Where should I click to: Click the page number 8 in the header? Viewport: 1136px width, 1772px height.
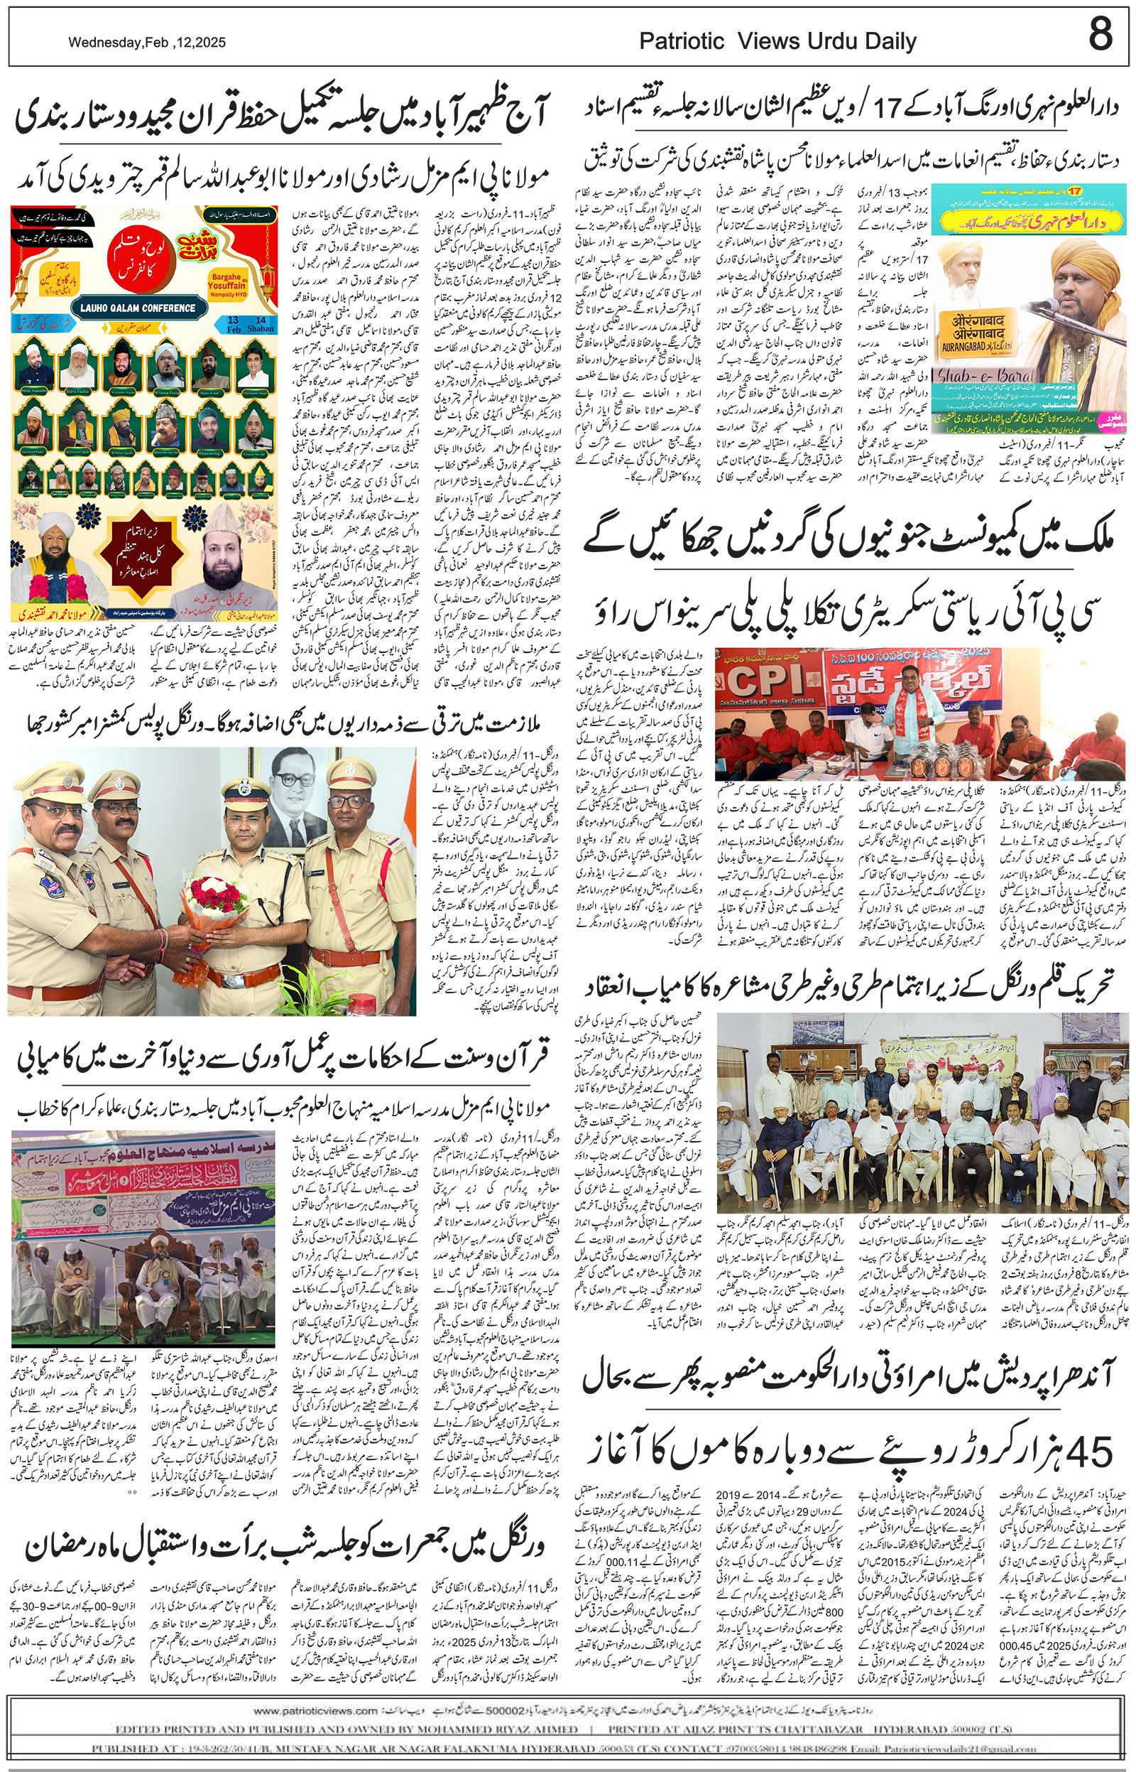(x=1100, y=35)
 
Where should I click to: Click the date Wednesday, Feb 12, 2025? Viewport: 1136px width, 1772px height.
(x=147, y=43)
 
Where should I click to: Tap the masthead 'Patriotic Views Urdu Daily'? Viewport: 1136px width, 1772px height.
(x=777, y=42)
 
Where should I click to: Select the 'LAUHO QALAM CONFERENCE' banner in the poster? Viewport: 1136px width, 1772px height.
(x=138, y=308)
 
